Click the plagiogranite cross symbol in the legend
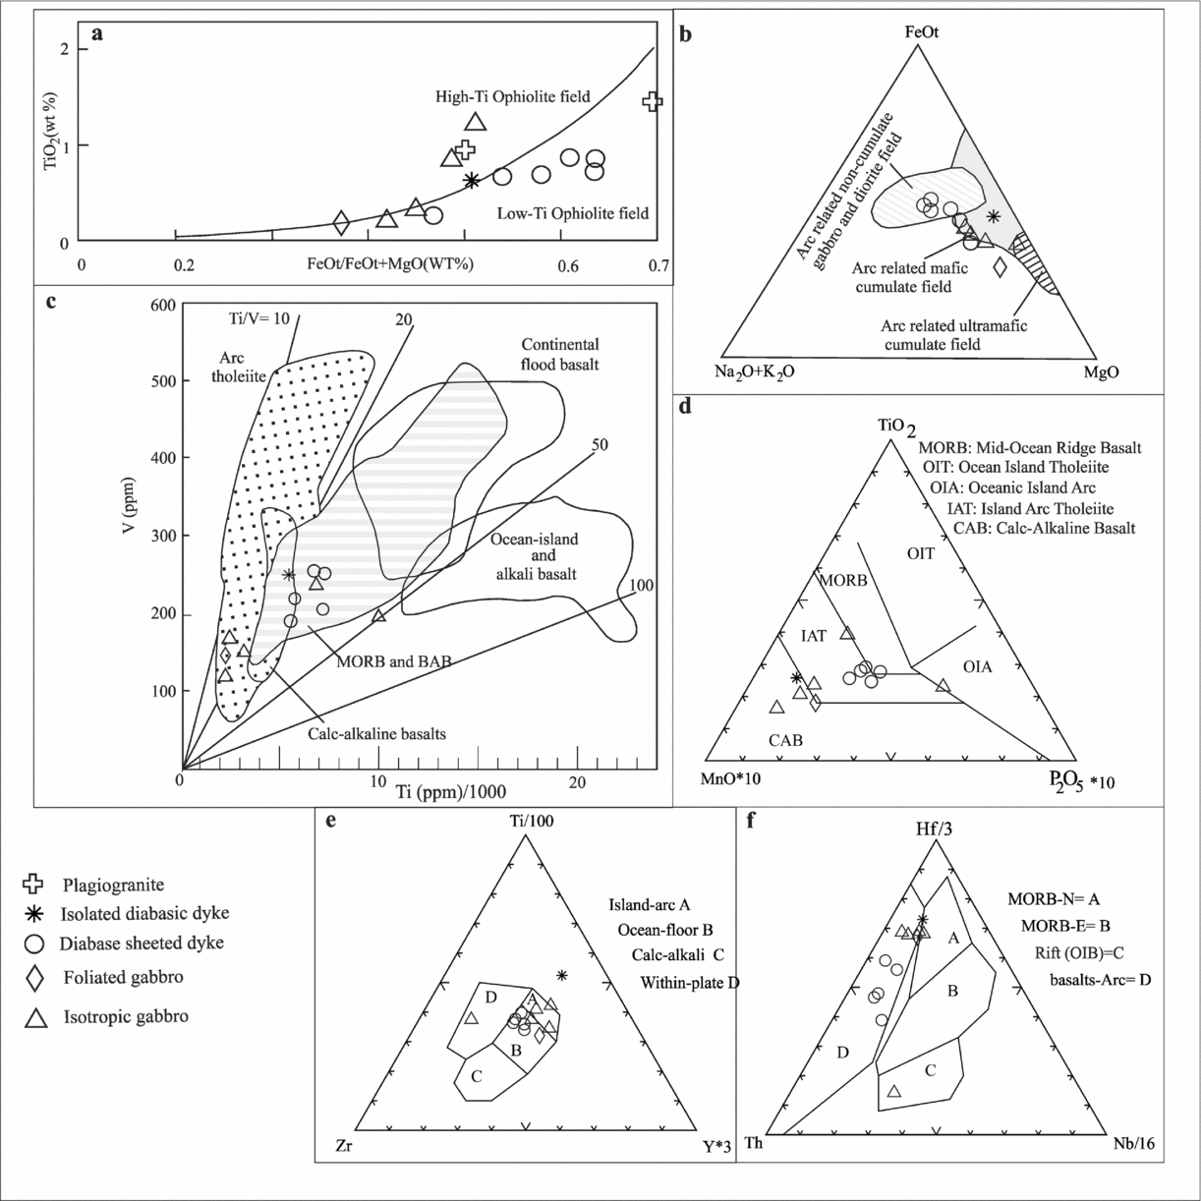pyautogui.click(x=34, y=885)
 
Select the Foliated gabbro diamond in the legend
pyautogui.click(x=34, y=979)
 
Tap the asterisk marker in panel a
pyautogui.click(x=472, y=180)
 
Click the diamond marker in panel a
pyautogui.click(x=341, y=223)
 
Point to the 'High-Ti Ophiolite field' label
pyautogui.click(x=512, y=96)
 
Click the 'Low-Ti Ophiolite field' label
pyautogui.click(x=573, y=213)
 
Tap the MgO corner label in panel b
pyautogui.click(x=1101, y=372)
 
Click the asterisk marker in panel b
pyautogui.click(x=994, y=216)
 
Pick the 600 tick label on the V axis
pyautogui.click(x=164, y=306)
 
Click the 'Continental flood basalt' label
pyautogui.click(x=559, y=355)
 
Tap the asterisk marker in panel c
pyautogui.click(x=288, y=575)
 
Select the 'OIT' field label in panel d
pyautogui.click(x=920, y=554)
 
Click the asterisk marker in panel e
pyautogui.click(x=562, y=975)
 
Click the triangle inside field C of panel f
pyautogui.click(x=894, y=1091)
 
